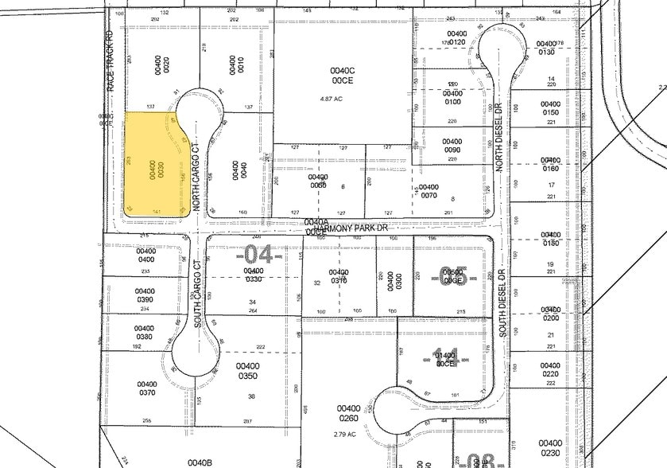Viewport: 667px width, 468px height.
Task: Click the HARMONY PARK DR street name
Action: (355, 228)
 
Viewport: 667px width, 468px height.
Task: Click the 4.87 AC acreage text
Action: (341, 99)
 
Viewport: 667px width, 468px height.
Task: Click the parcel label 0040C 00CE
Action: (342, 75)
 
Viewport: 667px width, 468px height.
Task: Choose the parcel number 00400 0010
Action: (235, 64)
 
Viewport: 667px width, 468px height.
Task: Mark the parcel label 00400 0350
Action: (247, 371)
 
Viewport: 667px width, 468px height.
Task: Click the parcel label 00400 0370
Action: (147, 388)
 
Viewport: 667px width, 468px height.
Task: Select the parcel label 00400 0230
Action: (550, 448)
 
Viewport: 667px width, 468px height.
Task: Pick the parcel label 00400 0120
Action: (456, 38)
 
